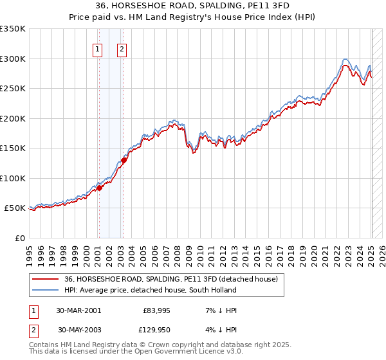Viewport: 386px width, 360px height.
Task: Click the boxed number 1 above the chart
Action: point(98,49)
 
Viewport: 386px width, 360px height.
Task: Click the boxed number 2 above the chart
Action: point(122,49)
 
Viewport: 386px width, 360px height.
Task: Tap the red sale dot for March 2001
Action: point(100,188)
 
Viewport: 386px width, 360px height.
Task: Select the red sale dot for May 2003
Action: point(124,161)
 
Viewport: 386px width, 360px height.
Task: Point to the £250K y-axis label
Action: point(13,89)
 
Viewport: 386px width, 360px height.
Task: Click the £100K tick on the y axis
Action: point(13,178)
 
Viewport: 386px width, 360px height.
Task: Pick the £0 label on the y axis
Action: point(19,238)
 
